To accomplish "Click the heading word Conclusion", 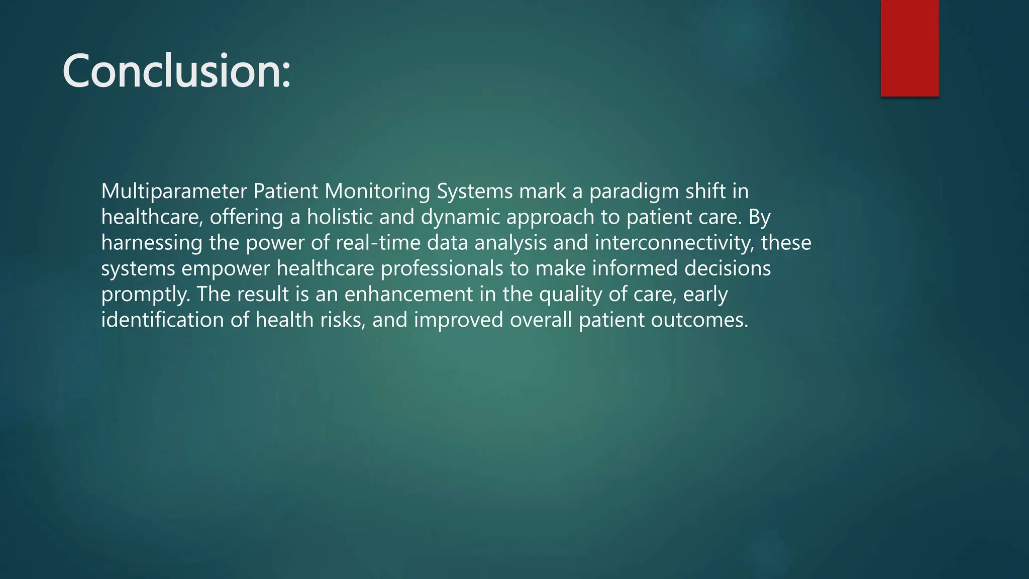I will click(x=176, y=71).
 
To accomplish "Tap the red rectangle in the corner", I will click(x=909, y=48).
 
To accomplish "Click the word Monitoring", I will click(x=377, y=191).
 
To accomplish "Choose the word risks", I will click(x=343, y=320).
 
